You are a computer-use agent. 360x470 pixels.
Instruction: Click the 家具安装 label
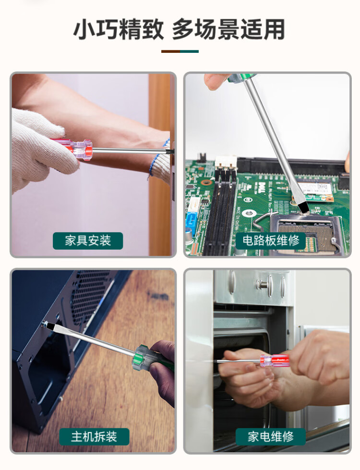pos(88,241)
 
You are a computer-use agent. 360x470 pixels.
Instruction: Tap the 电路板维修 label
pos(271,241)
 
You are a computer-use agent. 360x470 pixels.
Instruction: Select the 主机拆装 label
pos(94,437)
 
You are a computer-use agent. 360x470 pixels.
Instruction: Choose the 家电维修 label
pos(271,437)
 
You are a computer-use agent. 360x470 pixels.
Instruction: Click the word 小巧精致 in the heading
pos(119,29)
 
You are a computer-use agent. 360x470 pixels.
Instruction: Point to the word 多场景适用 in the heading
pos(228,29)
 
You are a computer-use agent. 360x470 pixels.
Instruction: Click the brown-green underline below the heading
pos(180,51)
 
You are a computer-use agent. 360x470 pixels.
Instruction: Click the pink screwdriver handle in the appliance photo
pos(275,360)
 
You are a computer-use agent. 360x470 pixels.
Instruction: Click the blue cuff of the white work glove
pos(158,158)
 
